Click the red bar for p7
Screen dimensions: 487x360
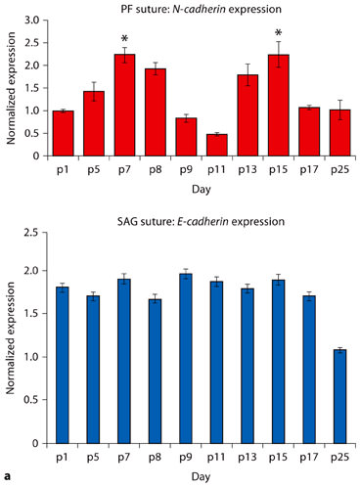click(123, 106)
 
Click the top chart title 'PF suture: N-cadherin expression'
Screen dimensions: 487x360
click(195, 8)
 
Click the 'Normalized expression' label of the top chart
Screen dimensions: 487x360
click(12, 88)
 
